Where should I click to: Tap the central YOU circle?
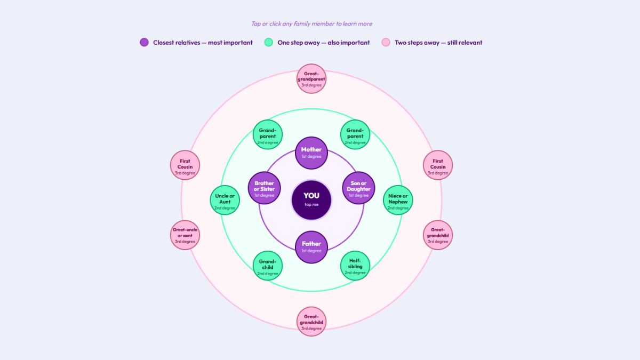[x=311, y=200]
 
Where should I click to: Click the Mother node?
[x=311, y=153]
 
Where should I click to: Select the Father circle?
[x=311, y=247]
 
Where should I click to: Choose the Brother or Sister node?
[x=265, y=188]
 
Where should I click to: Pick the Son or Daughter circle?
[x=358, y=188]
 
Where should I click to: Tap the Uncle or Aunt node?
[x=225, y=200]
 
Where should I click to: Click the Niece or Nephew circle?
[x=398, y=200]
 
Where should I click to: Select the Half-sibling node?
[x=355, y=266]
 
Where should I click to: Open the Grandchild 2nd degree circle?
[x=268, y=266]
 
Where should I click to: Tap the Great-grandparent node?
[x=311, y=78]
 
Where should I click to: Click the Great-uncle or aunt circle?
[x=185, y=235]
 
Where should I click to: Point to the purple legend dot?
[x=145, y=42]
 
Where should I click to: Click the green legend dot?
[x=269, y=42]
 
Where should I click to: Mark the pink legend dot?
[x=386, y=42]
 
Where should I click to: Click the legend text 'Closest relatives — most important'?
[x=203, y=43]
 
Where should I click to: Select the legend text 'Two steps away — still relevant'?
[x=438, y=43]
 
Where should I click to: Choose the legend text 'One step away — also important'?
[x=323, y=43]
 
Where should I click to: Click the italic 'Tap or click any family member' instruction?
[x=311, y=23]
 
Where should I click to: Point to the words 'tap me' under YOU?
[x=311, y=205]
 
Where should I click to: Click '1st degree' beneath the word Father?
[x=311, y=251]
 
